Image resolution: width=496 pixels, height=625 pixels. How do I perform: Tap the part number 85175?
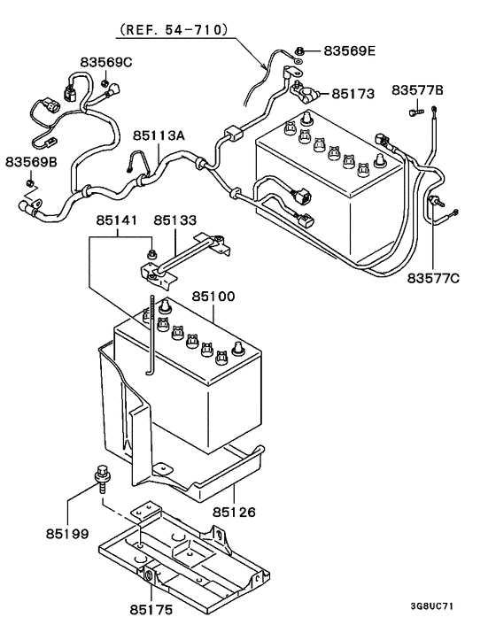point(152,609)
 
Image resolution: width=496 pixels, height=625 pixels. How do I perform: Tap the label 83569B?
point(31,162)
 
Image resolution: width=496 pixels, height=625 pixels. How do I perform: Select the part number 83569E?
point(349,50)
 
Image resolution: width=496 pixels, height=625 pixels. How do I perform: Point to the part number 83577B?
point(417,90)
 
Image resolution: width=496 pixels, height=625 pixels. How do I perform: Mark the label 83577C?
point(435,280)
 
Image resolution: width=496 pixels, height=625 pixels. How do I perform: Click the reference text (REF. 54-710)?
point(174,29)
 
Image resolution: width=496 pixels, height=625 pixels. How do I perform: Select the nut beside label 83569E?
point(301,50)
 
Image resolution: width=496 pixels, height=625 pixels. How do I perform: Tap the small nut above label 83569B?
point(29,183)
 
